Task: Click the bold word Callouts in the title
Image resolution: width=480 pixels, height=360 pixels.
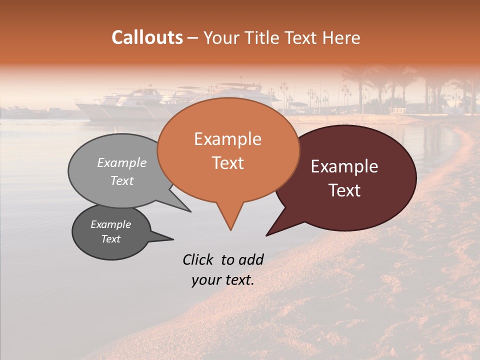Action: pyautogui.click(x=147, y=37)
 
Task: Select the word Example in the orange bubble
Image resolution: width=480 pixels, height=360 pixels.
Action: pyautogui.click(x=227, y=139)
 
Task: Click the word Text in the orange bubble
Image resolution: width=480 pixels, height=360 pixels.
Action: pyautogui.click(x=227, y=163)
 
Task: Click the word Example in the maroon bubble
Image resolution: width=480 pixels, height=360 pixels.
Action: pyautogui.click(x=344, y=166)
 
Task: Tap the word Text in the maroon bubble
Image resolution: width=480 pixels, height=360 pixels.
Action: pyautogui.click(x=344, y=190)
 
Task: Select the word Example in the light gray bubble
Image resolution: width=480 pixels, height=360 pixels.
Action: pyautogui.click(x=121, y=162)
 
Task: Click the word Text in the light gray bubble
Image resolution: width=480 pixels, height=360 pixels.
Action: pyautogui.click(x=121, y=180)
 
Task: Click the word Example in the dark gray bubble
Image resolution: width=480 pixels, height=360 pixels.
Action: pyautogui.click(x=110, y=224)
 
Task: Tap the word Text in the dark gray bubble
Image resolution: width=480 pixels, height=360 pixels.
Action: pyautogui.click(x=110, y=239)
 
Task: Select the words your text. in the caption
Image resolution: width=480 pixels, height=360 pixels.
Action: pyautogui.click(x=223, y=280)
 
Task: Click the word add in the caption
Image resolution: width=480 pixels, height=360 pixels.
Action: pyautogui.click(x=250, y=259)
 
